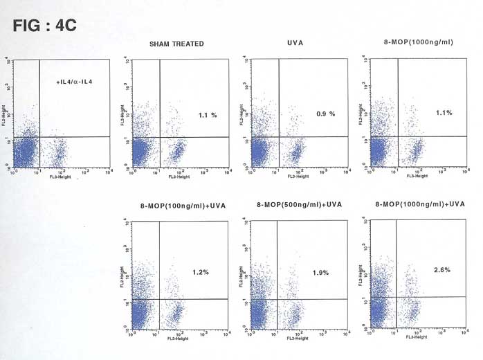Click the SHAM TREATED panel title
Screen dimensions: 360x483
(x=176, y=44)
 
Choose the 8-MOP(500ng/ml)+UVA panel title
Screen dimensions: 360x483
(x=299, y=205)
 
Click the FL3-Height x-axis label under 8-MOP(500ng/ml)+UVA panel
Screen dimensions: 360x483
(x=299, y=339)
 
